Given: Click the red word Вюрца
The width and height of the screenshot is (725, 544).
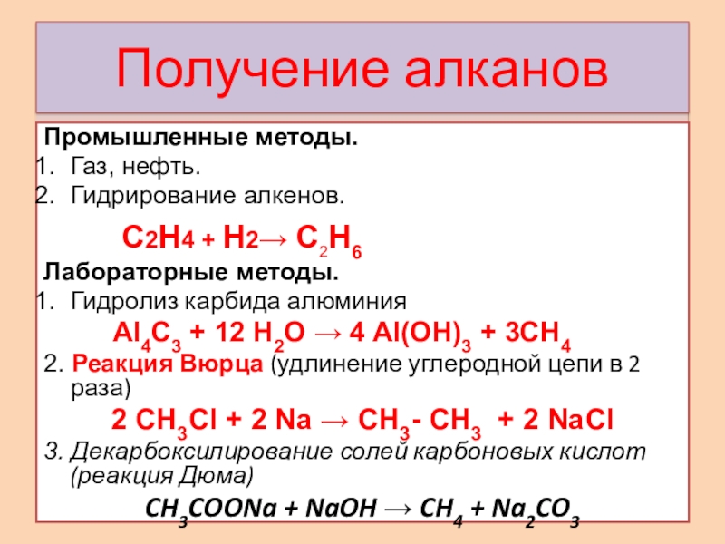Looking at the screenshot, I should (225, 365).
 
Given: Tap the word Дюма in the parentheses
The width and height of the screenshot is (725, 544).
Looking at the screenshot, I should (224, 475).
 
